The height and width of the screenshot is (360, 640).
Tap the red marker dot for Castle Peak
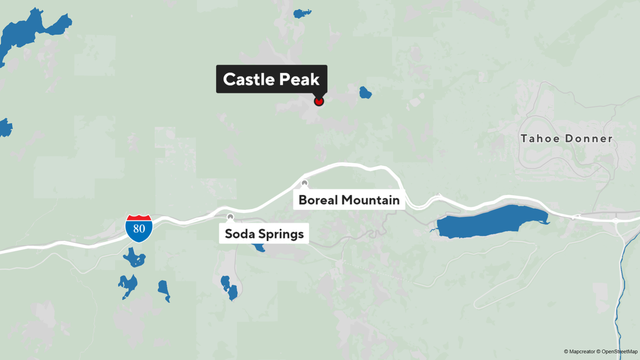point(319,101)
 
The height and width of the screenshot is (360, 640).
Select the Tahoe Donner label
point(567,138)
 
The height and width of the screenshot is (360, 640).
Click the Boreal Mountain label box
point(347,200)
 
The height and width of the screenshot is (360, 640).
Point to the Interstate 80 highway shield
point(139,226)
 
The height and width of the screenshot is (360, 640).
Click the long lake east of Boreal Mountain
point(490,220)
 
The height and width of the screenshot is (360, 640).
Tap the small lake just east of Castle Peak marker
point(366,93)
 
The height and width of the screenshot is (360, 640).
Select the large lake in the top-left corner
point(22,35)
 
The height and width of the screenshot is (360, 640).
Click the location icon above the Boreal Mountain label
point(305,183)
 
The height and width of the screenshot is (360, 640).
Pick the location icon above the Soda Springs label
point(230,216)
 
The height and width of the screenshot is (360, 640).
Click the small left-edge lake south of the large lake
point(5,127)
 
